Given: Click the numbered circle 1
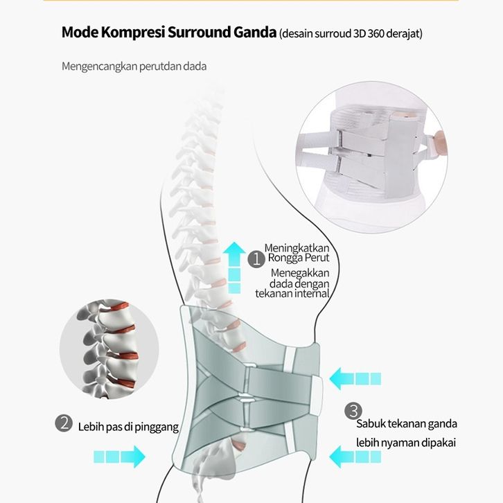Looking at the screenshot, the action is pos(256,259).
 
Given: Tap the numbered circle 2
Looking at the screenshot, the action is pos(64,423).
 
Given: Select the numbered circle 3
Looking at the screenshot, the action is pos(353,409).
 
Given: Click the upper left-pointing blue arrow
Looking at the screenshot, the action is pos(355,378).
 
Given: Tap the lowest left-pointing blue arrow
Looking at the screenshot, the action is pos(355,456).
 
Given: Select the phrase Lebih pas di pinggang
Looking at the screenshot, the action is pos(127,427).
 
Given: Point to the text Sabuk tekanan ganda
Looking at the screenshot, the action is pos(406,424).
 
